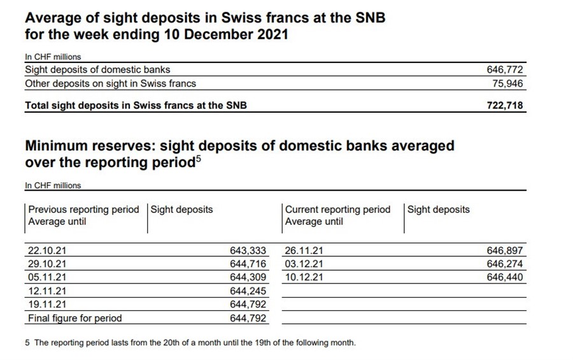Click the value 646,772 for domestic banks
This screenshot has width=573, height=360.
coord(505,69)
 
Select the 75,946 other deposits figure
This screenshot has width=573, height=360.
coord(507,83)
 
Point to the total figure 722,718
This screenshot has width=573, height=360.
coord(505,106)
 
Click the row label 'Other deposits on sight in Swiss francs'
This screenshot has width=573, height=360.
coord(110,83)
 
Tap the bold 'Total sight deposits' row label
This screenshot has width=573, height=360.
coord(136,106)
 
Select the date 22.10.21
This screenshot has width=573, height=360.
coord(47,251)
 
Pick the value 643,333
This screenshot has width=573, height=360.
coord(248,251)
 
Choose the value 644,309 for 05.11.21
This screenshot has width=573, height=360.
coord(248,277)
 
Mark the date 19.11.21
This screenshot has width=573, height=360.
coord(47,305)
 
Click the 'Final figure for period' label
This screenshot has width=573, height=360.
coord(75,318)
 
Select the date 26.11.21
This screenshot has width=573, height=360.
coord(304,251)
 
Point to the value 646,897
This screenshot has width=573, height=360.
coord(505,251)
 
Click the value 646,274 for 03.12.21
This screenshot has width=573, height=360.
coord(505,264)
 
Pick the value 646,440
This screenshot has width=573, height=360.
coord(505,277)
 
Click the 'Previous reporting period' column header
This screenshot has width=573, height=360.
coord(83,210)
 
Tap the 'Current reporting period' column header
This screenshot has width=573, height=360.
coord(337,210)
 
